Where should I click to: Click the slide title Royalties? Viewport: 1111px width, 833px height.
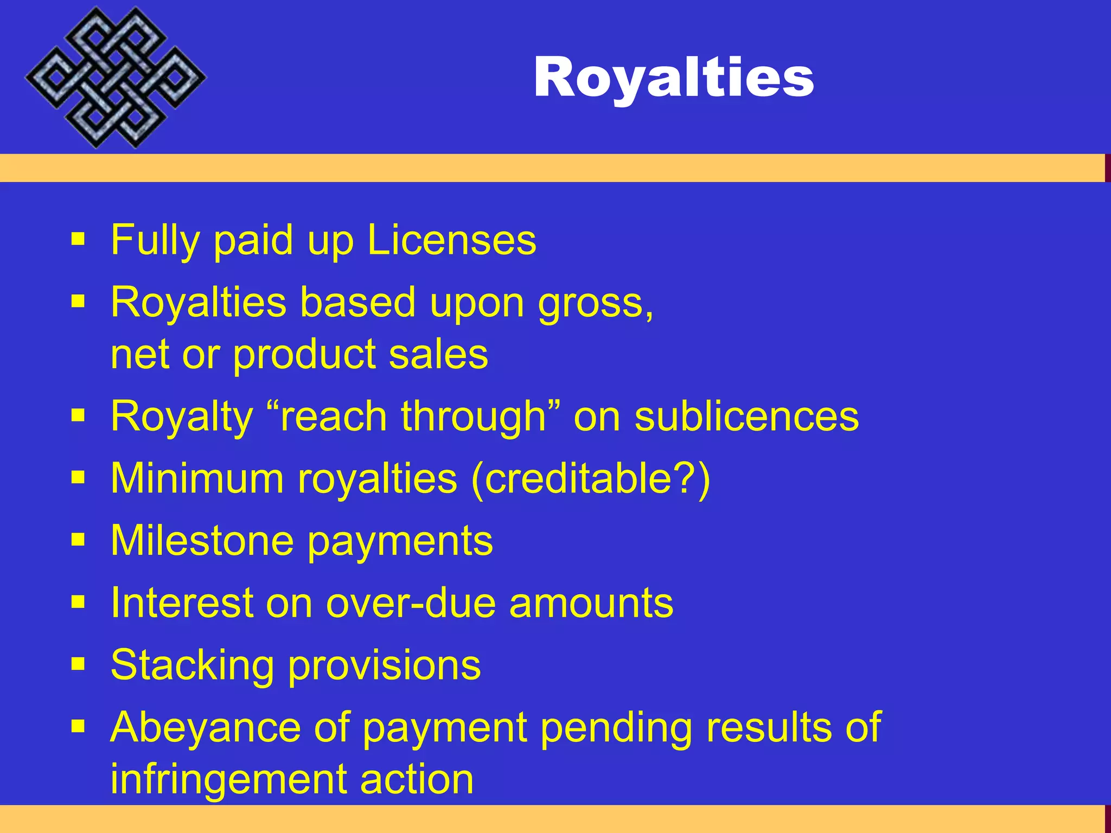tap(674, 78)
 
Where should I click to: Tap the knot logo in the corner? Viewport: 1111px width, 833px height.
tap(115, 78)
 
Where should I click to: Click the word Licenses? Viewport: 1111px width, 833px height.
tap(451, 240)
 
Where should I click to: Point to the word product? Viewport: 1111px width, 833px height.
tap(304, 355)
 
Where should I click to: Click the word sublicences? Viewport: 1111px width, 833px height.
tap(746, 416)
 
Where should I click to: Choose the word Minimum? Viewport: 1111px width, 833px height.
tap(197, 478)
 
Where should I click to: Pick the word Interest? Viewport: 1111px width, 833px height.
tap(181, 603)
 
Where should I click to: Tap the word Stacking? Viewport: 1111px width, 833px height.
tap(192, 665)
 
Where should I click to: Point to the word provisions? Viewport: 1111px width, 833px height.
tap(384, 665)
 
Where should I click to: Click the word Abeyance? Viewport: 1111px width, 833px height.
tap(205, 727)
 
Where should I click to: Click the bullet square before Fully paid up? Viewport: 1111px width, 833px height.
tap(78, 239)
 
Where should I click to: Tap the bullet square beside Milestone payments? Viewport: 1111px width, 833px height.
tap(78, 540)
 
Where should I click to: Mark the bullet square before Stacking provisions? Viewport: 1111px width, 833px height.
tap(78, 664)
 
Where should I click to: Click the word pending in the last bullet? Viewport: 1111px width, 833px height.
tap(616, 727)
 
